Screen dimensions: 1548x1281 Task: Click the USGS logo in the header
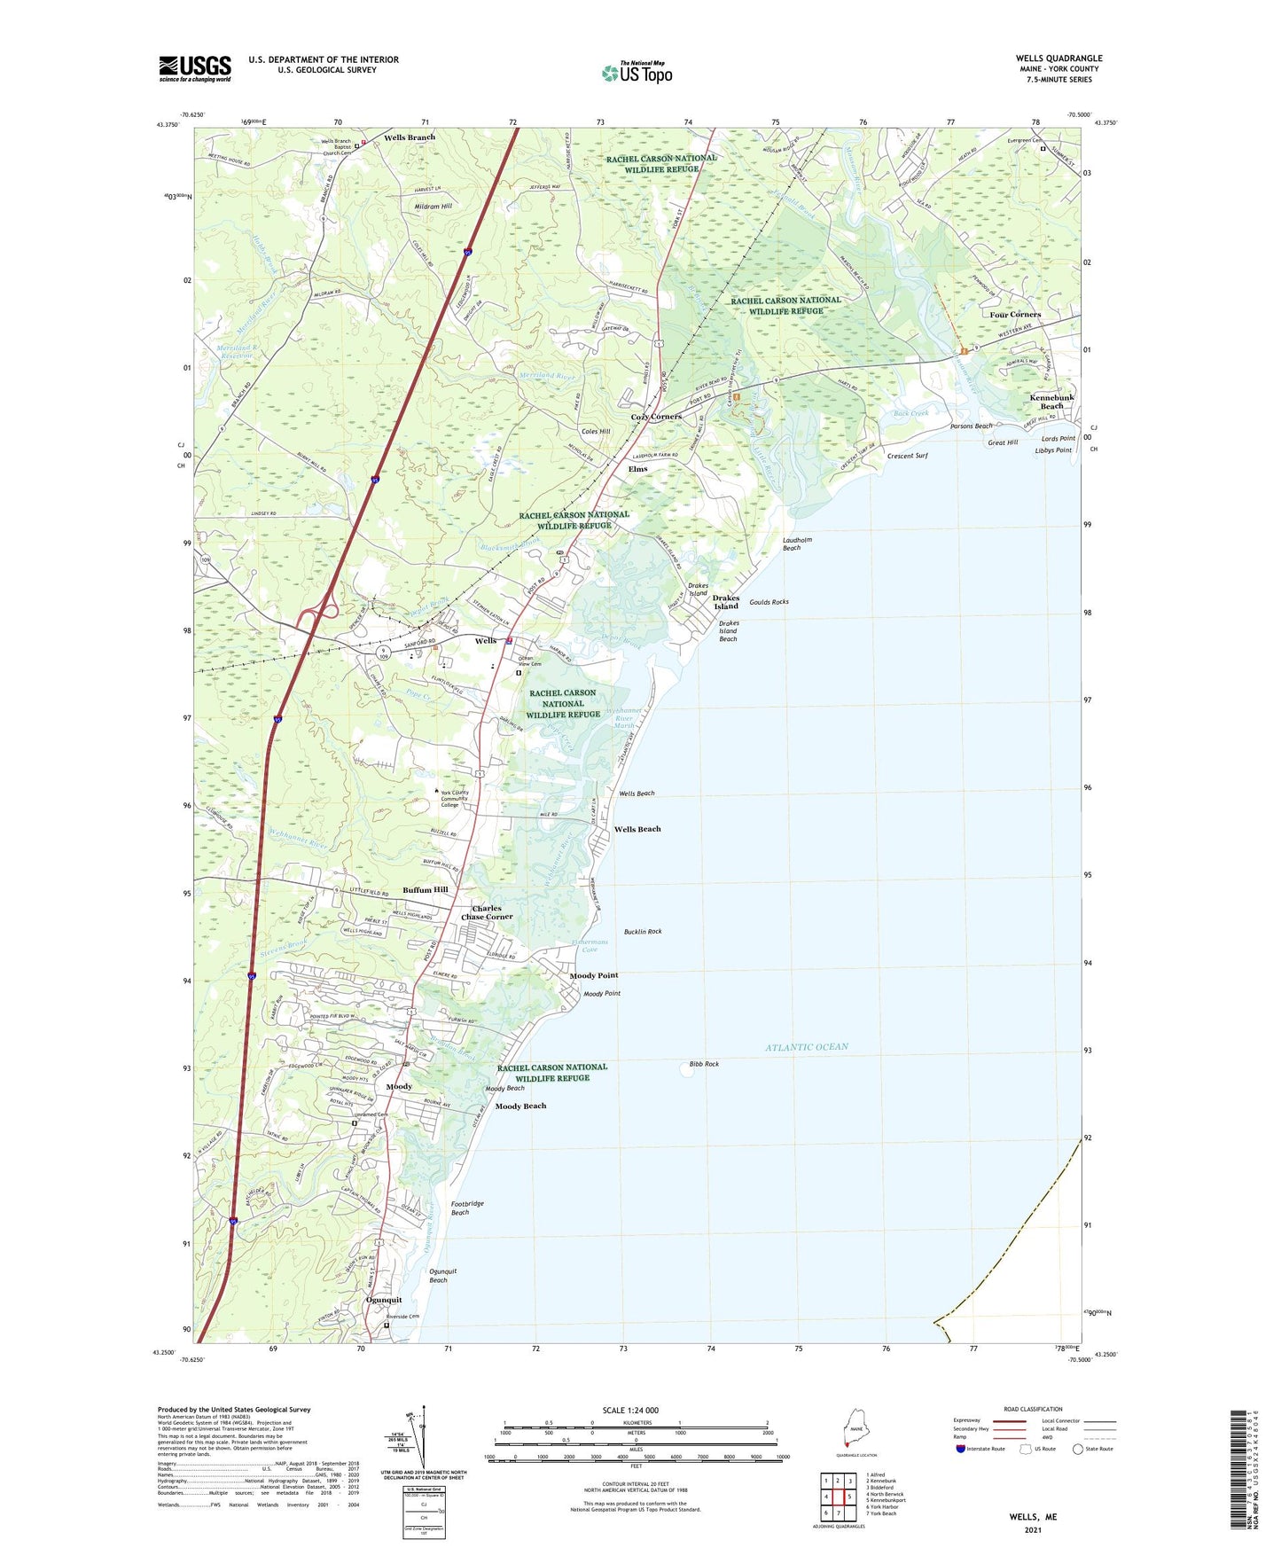coord(195,67)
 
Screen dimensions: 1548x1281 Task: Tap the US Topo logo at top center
coord(637,73)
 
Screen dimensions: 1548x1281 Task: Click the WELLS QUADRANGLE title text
coord(1058,59)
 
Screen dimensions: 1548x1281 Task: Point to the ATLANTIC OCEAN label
coord(806,1047)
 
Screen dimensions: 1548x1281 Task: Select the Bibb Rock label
coord(704,1064)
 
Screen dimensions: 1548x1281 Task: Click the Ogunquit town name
coord(384,1300)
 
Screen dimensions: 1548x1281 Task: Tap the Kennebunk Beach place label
coord(1051,402)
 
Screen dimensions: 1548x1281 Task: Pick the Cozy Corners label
coord(655,417)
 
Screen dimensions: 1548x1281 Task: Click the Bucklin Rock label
coord(643,932)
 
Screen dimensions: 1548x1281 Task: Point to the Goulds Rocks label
coord(769,602)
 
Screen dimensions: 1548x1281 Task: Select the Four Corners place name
coord(1015,315)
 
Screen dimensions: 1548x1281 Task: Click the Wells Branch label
coord(410,137)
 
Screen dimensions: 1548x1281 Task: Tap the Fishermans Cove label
coord(590,945)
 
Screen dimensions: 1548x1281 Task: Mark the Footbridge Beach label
coord(467,1208)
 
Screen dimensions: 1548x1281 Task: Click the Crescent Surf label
coord(907,456)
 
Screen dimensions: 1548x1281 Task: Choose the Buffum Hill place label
coord(426,889)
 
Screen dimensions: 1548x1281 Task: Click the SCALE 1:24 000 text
coord(630,1410)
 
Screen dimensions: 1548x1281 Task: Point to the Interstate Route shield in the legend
coord(962,1450)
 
